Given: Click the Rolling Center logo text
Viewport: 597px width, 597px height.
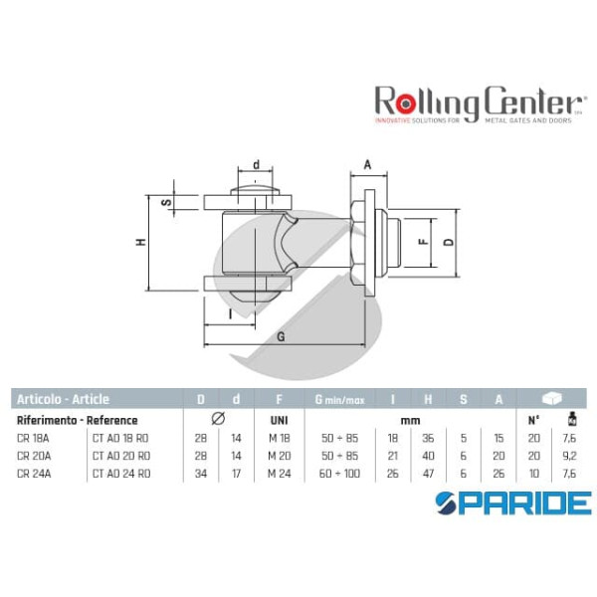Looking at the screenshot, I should pos(477,101).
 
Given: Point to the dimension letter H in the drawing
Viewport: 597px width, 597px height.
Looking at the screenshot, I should pos(142,242).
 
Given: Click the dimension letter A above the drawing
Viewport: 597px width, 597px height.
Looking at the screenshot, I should pos(366,165).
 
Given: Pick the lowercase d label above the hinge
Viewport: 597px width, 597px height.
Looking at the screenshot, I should pos(256,165).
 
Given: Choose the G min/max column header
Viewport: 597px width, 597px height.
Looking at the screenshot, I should pos(339,400).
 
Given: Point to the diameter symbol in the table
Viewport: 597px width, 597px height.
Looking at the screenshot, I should pos(219,420).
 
